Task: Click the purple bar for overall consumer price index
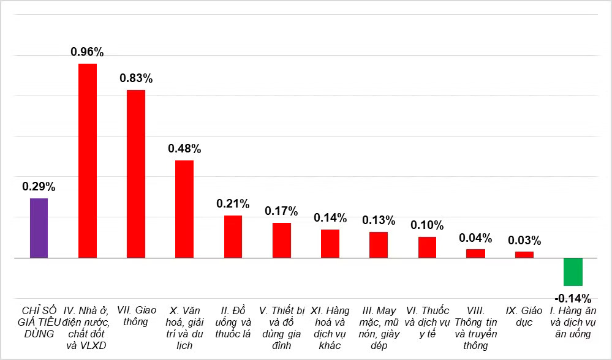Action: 39,228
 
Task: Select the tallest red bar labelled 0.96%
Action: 88,160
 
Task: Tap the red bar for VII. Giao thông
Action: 136,174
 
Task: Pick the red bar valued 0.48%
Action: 184,209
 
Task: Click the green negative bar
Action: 573,272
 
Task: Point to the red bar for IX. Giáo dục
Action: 524,255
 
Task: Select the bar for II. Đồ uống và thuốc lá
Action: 233,237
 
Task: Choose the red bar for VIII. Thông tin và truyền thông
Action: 476,253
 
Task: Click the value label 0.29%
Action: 39,187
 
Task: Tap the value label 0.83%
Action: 136,78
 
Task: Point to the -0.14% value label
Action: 573,299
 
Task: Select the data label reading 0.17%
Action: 281,211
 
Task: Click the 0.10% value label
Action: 427,225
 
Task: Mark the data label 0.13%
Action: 379,220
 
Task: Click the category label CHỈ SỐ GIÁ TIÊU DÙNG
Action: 39,322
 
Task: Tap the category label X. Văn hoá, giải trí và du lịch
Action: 184,328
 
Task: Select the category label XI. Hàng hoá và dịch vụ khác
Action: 330,328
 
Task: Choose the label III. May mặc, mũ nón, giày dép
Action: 379,328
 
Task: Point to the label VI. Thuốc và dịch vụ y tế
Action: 427,322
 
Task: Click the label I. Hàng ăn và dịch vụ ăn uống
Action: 573,322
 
